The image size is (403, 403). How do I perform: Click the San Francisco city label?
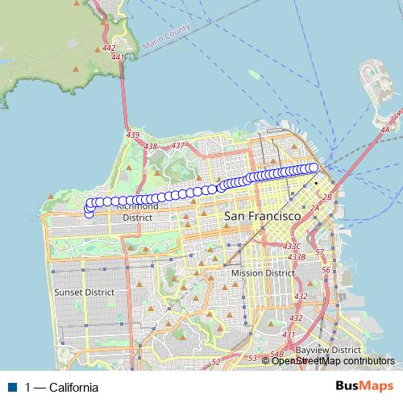[x=262, y=217]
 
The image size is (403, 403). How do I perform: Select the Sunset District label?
[x=82, y=292]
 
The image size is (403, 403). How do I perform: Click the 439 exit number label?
[x=133, y=135]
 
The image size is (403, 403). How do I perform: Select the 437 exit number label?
[x=178, y=145]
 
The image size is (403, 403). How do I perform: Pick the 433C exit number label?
[x=292, y=246]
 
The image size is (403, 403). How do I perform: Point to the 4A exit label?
[x=385, y=129]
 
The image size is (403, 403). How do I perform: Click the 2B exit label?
[x=326, y=197]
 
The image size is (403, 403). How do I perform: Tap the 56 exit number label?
[x=326, y=269]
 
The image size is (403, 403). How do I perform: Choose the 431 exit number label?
[x=288, y=334]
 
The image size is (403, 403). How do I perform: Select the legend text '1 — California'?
[x=62, y=388]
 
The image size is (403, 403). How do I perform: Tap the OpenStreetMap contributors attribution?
[x=332, y=361]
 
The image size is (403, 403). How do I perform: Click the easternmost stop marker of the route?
[x=314, y=168]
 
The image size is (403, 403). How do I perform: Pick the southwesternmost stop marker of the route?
[x=89, y=213]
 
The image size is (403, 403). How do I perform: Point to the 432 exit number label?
[x=301, y=297]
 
